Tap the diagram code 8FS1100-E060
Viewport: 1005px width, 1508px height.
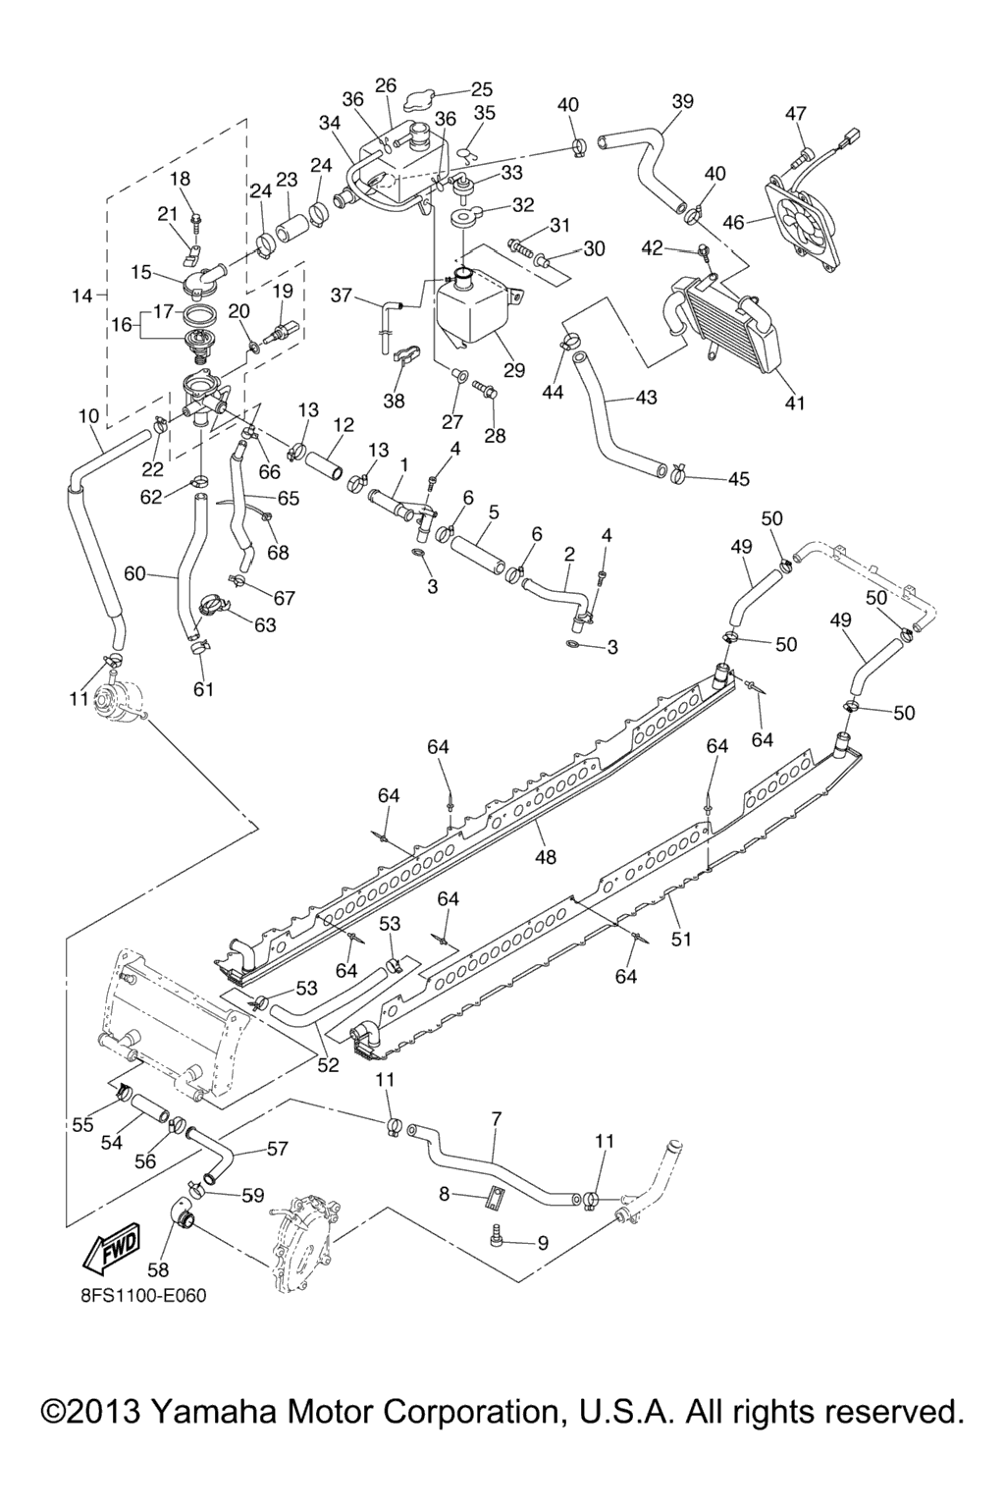[x=143, y=1295]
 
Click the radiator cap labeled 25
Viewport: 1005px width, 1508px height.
[x=432, y=98]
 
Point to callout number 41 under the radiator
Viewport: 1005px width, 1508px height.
[x=795, y=403]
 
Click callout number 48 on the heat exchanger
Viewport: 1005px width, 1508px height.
[x=546, y=857]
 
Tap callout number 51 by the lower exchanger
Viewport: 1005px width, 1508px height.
[x=681, y=939]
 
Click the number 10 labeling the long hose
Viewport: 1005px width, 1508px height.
[x=88, y=416]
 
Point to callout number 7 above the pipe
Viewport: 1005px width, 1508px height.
[x=497, y=1118]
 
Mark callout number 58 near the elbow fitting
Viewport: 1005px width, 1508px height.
[x=158, y=1269]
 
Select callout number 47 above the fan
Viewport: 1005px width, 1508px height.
[x=795, y=114]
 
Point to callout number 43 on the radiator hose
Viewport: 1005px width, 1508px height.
[x=646, y=398]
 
